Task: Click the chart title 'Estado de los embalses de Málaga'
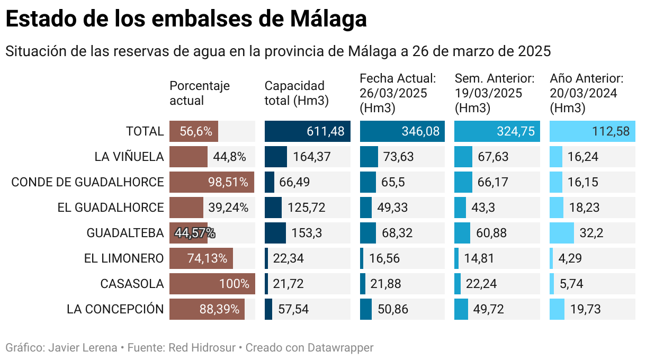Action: [186, 19]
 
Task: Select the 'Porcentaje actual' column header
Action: [200, 93]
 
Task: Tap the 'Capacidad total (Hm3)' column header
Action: [297, 93]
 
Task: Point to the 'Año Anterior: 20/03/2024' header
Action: [587, 93]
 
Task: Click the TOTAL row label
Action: [145, 131]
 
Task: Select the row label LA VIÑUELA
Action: [129, 157]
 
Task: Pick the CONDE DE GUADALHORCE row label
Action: [87, 182]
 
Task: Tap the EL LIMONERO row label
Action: [124, 258]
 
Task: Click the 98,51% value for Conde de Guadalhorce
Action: [228, 182]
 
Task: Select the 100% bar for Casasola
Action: [212, 284]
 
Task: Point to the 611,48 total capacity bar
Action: [307, 131]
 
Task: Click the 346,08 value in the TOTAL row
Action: [420, 131]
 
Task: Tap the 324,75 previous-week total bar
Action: [497, 131]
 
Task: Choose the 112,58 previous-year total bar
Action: [592, 131]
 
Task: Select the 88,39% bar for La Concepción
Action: [207, 309]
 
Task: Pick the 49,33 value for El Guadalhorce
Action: [392, 208]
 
